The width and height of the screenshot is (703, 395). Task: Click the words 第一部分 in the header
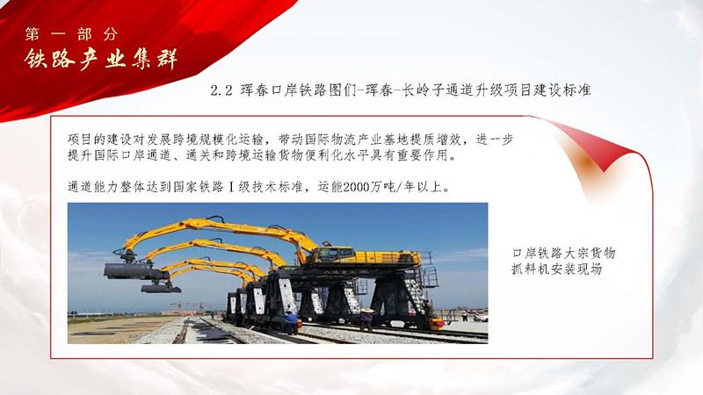point(72,34)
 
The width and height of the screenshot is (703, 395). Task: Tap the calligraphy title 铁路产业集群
point(101,59)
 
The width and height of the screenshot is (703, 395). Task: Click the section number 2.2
point(221,90)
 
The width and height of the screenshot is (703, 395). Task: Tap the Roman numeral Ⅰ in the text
point(231,187)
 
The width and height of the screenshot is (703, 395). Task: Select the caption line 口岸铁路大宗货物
point(564,254)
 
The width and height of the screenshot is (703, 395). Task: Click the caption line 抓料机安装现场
point(557,269)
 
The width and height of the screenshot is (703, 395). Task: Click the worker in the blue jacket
point(291,322)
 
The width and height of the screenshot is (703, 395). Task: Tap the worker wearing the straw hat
point(366,319)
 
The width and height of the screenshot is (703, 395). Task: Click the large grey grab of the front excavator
point(133,270)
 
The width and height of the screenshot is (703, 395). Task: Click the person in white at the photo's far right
point(465,316)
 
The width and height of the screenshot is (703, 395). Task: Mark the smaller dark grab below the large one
point(160,288)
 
